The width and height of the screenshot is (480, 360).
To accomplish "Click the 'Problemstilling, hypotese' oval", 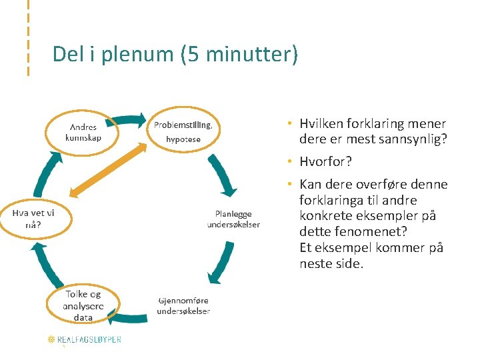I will click(x=183, y=131).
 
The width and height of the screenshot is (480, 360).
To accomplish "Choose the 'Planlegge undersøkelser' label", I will click(x=233, y=219).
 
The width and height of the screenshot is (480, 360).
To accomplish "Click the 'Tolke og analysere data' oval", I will click(x=83, y=305).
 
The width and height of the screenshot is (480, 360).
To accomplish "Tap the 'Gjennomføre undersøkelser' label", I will click(x=183, y=305).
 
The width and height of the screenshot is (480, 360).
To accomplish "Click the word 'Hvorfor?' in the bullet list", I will click(x=325, y=162).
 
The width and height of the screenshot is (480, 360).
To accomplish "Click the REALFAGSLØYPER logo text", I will click(x=90, y=339).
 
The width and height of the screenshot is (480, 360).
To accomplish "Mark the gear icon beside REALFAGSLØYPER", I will click(x=51, y=339).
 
